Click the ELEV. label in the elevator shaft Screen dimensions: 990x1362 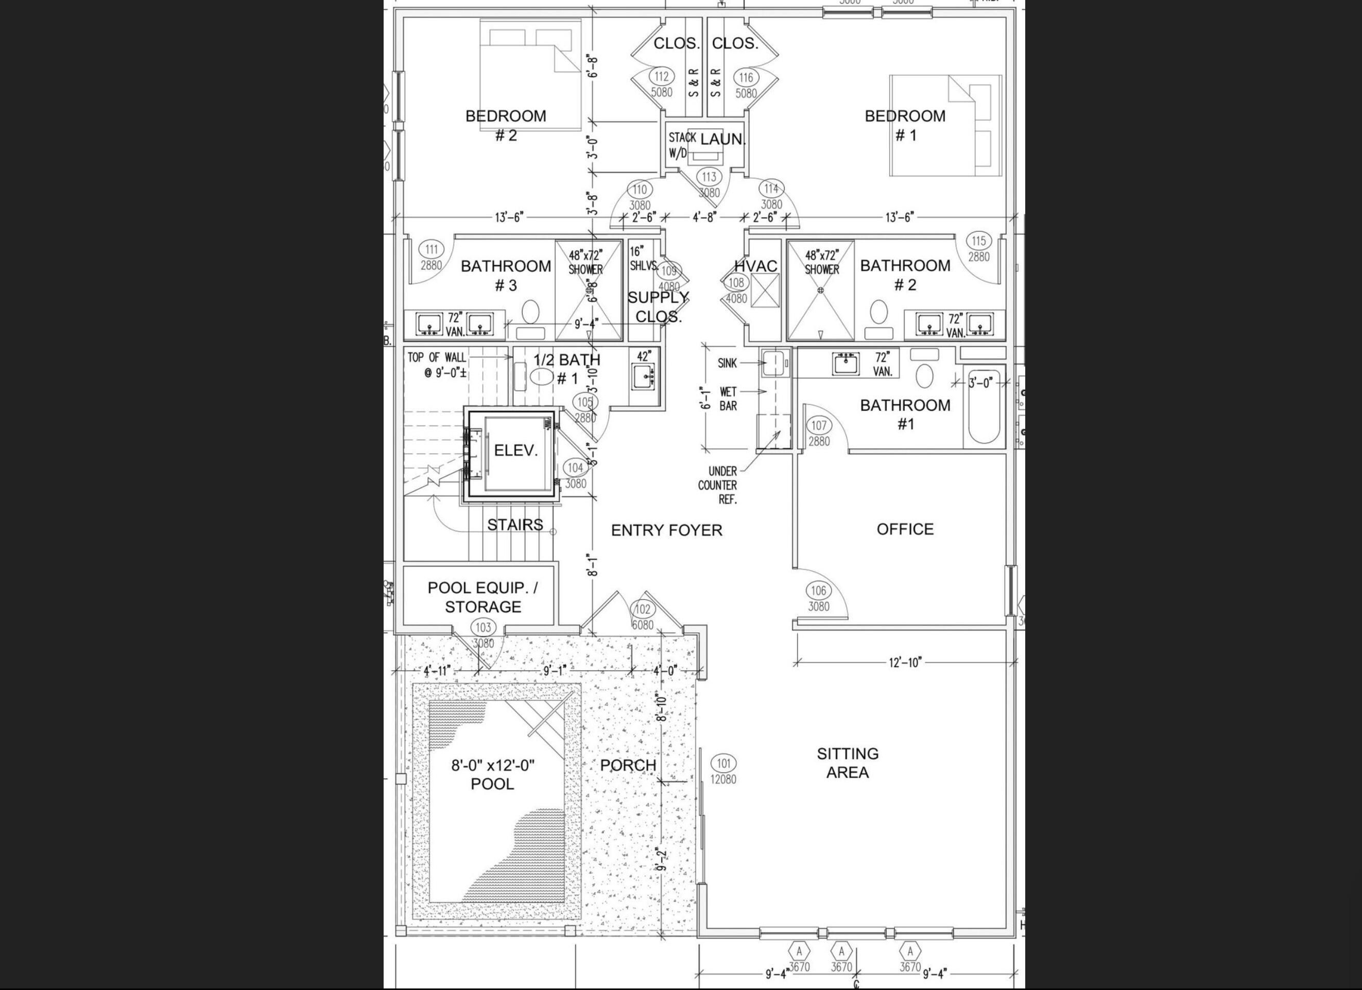point(515,450)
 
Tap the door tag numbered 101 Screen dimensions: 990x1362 point(723,763)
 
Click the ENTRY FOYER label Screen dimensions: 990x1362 point(667,530)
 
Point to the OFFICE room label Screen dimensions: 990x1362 point(905,529)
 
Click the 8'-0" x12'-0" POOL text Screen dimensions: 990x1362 point(492,774)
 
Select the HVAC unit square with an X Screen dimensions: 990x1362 point(765,290)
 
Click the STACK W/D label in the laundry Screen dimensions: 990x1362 point(682,145)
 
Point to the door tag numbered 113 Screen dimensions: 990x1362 point(709,177)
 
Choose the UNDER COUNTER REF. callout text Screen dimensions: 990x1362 point(718,485)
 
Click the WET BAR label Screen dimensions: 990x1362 point(728,398)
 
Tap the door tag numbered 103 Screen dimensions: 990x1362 point(483,628)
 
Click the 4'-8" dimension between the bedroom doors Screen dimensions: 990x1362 point(704,217)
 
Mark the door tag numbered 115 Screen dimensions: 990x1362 point(978,241)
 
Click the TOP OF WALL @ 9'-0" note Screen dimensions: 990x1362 point(437,364)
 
